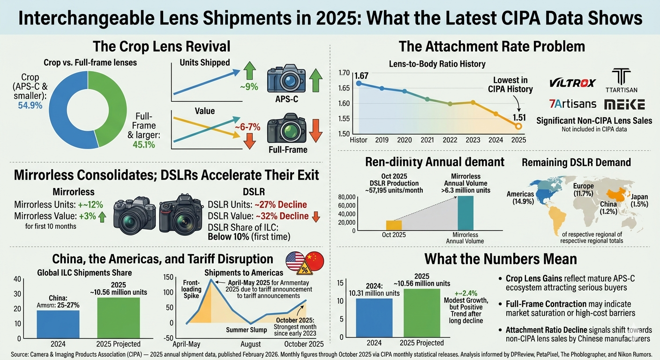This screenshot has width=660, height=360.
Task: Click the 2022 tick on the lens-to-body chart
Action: tap(450, 140)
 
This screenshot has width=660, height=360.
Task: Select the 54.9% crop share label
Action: tap(30, 105)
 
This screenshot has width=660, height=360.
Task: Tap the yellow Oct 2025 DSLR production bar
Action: tap(394, 225)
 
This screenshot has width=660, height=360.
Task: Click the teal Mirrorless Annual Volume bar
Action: tap(465, 213)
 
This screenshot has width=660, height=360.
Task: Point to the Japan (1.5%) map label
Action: tap(639, 201)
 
